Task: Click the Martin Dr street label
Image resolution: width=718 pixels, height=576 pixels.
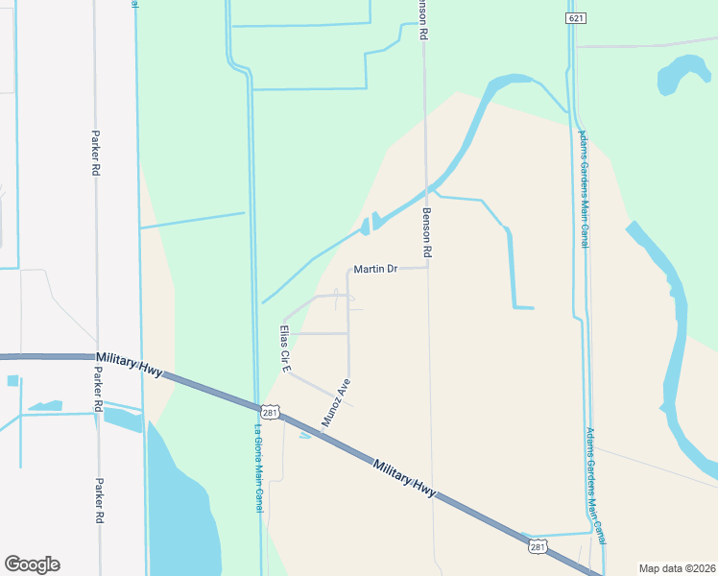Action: [x=375, y=270]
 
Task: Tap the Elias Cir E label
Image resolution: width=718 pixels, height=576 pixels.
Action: [x=284, y=348]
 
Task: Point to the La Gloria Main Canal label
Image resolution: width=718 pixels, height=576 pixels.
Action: [x=258, y=468]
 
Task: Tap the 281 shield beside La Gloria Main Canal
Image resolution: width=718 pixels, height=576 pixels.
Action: [x=270, y=411]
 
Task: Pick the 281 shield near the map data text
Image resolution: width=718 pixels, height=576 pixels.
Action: [x=538, y=546]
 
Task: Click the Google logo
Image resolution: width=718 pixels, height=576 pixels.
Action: [x=32, y=564]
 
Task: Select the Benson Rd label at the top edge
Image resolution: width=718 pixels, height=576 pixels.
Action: [x=421, y=19]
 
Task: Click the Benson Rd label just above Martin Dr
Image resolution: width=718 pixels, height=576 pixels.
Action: [x=428, y=233]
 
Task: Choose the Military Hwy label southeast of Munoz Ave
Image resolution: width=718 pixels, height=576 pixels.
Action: [x=404, y=477]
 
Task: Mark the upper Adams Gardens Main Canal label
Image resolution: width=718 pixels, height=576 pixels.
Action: [x=583, y=189]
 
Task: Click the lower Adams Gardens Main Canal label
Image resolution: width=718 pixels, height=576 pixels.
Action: [x=596, y=486]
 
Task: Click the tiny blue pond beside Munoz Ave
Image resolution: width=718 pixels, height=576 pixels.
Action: [x=305, y=436]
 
